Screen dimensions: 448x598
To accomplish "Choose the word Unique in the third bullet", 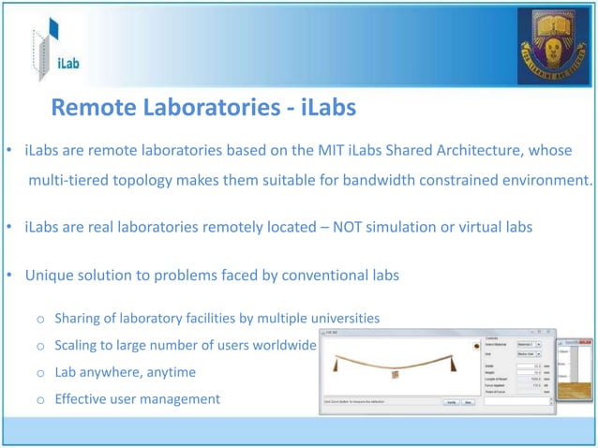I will point(49,276).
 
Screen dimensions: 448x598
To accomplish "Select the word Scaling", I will point(79,345).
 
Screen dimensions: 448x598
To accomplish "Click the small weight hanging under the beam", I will point(395,376).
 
